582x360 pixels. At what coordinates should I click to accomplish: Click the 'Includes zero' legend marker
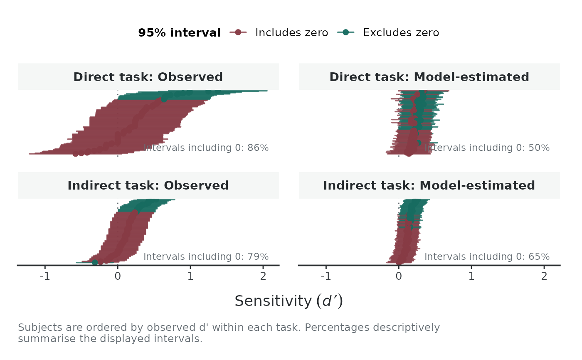point(238,32)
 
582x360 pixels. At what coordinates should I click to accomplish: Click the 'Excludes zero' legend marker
point(345,32)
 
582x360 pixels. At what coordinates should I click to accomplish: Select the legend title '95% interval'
point(180,33)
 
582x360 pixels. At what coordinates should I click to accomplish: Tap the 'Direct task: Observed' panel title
point(148,77)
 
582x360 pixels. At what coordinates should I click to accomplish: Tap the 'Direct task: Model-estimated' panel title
point(429,77)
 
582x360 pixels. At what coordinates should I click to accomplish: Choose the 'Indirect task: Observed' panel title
point(148,185)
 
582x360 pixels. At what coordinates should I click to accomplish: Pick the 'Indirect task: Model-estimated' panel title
point(429,185)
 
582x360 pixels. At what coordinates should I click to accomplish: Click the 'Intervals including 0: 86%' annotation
point(206,148)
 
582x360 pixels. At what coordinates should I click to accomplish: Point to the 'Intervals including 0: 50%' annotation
point(487,148)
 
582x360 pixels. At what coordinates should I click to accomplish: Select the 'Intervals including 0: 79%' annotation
point(206,256)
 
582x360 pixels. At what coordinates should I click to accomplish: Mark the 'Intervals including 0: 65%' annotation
point(487,256)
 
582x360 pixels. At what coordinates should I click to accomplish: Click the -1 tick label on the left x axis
point(45,276)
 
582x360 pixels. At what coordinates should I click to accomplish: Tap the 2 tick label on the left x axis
point(263,276)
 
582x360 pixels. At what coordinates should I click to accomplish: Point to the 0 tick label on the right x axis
point(399,276)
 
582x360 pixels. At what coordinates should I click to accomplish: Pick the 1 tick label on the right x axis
point(471,276)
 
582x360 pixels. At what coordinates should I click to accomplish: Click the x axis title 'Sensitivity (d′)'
point(289,301)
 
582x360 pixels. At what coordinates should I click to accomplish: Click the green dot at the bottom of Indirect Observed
point(95,262)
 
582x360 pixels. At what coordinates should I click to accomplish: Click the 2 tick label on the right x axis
point(544,276)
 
